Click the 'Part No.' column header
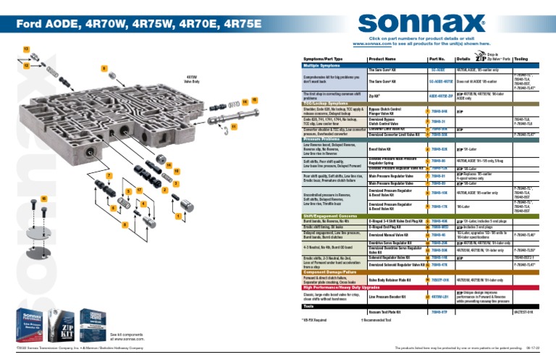coord(437,58)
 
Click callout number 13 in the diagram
coord(27,48)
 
